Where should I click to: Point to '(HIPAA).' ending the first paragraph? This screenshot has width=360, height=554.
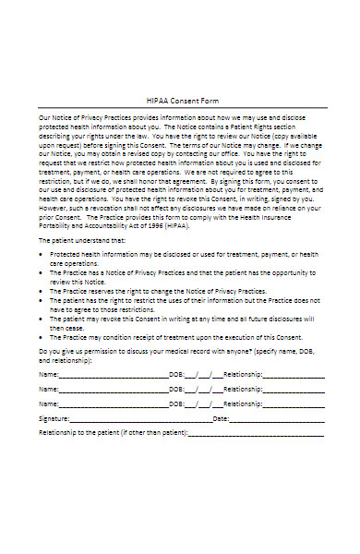click(189, 224)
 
